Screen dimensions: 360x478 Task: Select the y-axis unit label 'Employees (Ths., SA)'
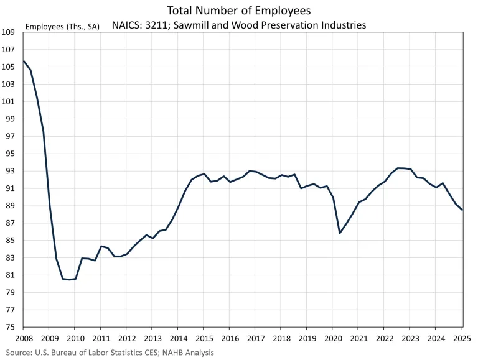coord(62,27)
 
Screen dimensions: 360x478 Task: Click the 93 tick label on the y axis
coord(10,171)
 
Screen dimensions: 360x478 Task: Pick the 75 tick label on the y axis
coord(10,327)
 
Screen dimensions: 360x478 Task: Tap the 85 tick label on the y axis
coord(10,241)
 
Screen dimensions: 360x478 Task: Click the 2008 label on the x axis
coord(23,339)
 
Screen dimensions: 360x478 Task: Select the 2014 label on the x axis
coord(177,339)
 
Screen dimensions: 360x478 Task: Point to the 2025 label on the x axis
coord(461,339)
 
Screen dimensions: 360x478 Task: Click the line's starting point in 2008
coord(24,61)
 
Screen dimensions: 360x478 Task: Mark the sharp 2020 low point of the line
coord(340,233)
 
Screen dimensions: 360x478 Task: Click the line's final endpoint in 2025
coord(462,210)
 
